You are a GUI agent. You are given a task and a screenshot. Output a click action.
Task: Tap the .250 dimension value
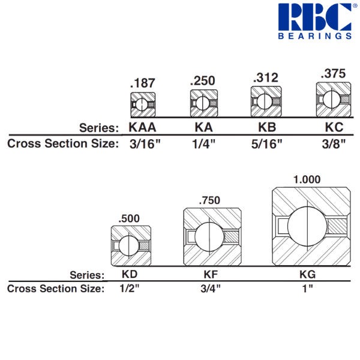coord(202,80)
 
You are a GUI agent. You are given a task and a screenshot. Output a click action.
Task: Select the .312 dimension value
coord(265,77)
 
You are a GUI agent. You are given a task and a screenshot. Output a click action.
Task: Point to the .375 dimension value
coord(333,74)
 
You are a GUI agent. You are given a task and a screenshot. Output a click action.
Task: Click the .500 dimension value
coord(130,218)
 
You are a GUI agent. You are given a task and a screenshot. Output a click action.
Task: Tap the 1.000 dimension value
coord(306,179)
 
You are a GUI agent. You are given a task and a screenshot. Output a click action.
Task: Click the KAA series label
coord(143,127)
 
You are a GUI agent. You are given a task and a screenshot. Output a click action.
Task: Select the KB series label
coord(266,127)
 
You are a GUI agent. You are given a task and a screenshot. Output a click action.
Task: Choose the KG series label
coord(307,275)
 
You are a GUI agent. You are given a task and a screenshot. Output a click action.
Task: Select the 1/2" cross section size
coord(130,289)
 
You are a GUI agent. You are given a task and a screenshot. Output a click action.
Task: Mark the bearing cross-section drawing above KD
coord(131,245)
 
